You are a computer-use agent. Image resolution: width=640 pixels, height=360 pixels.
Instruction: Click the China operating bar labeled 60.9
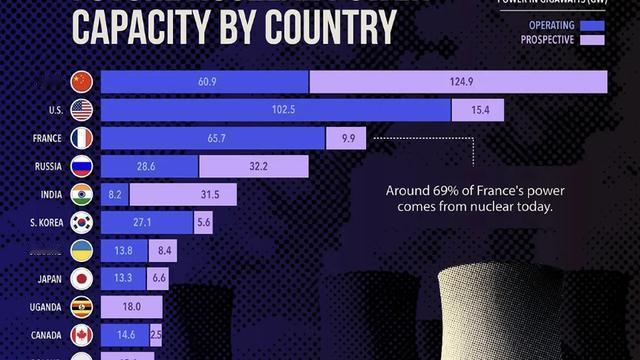pos(205,80)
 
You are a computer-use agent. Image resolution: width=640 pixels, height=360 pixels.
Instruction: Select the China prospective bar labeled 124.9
pos(458,80)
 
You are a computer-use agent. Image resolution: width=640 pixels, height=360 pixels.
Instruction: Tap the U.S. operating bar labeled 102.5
pos(275,108)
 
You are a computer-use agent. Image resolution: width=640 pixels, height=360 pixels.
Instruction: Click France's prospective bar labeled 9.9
pos(346,136)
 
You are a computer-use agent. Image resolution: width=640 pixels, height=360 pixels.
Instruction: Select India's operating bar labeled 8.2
pos(114,193)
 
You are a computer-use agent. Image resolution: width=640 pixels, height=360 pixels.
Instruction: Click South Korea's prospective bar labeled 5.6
pos(203,221)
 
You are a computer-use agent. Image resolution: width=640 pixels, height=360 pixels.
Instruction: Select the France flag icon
pos(81,136)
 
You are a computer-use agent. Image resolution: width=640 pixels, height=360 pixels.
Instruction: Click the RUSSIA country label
pos(46,165)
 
